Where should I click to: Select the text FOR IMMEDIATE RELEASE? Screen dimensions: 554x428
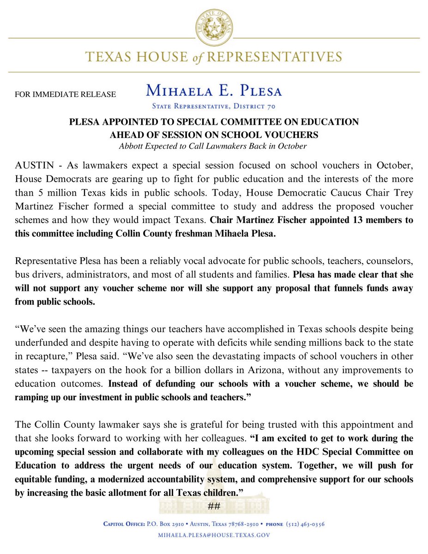pyautogui.click(x=66, y=95)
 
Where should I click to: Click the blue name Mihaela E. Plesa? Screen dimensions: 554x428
pyautogui.click(x=214, y=90)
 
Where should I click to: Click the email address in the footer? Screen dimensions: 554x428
pyautogui.click(x=213, y=536)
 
